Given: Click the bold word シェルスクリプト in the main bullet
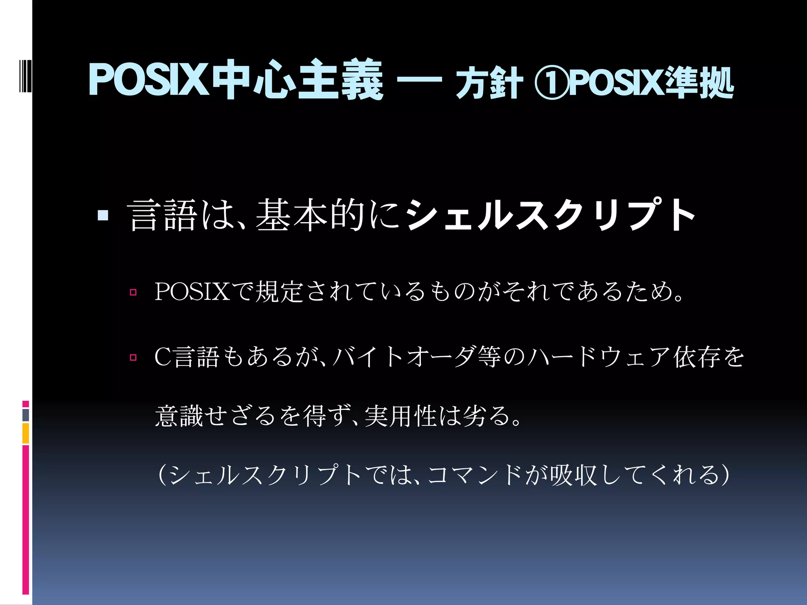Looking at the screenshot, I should [x=550, y=215].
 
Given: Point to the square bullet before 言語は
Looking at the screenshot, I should [x=103, y=215].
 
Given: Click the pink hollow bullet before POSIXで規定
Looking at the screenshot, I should [x=133, y=292].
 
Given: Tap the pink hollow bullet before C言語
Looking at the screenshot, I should [x=133, y=358].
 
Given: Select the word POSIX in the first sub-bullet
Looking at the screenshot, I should [x=192, y=292].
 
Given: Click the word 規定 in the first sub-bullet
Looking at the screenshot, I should [x=279, y=292].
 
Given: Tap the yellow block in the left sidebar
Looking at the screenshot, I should [x=26, y=433].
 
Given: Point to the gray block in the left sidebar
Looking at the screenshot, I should [x=26, y=415].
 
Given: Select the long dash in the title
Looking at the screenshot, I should [x=419, y=80].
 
